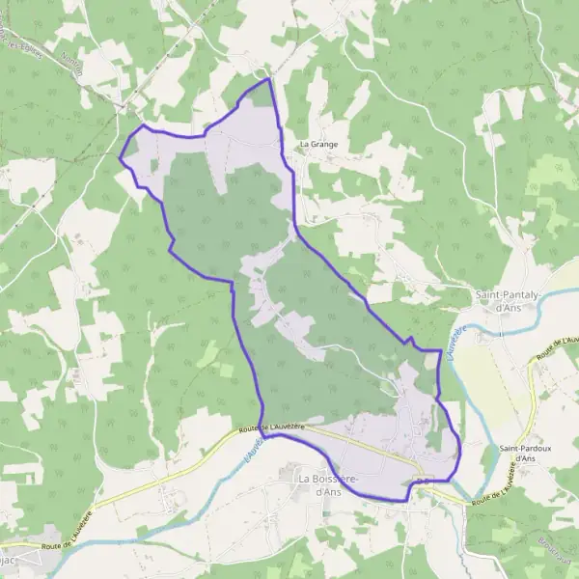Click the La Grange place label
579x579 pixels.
[x=317, y=145]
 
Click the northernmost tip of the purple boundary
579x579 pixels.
[x=268, y=79]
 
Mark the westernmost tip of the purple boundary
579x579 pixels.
[x=120, y=157]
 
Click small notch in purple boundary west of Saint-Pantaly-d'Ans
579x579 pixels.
[x=410, y=340]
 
